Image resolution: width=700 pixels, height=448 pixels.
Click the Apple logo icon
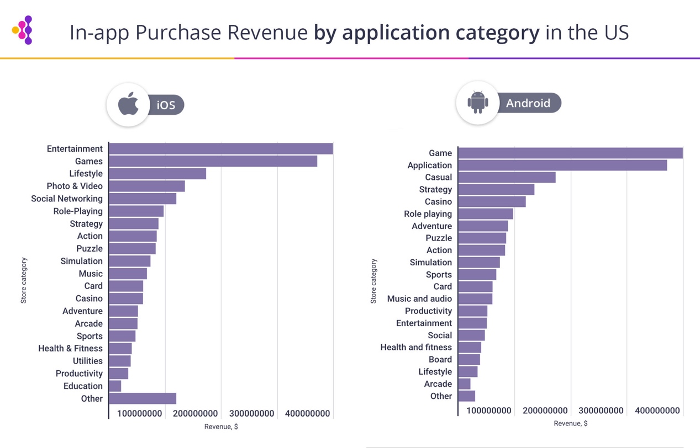(129, 104)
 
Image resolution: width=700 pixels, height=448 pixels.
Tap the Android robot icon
(477, 102)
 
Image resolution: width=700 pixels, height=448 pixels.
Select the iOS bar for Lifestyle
(157, 174)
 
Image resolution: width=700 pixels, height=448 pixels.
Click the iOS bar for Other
(143, 398)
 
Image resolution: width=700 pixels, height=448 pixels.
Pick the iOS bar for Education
(115, 386)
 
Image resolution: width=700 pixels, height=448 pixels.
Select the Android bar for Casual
(507, 177)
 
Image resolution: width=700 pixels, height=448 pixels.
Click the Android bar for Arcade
(465, 384)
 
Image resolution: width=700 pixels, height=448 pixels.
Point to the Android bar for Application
(562, 165)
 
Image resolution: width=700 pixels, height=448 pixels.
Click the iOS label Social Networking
(67, 199)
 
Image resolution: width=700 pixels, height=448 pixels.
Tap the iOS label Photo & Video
(75, 186)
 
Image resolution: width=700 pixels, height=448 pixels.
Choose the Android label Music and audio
(419, 298)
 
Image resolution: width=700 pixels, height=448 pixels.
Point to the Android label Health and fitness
(416, 347)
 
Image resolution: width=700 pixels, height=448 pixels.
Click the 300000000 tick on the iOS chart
(251, 413)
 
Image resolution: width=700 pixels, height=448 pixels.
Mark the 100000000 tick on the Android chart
(489, 410)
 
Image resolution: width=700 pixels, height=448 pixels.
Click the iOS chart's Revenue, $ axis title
(221, 426)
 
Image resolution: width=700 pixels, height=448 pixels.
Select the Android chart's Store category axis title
(373, 281)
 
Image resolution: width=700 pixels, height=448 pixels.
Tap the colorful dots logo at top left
(23, 30)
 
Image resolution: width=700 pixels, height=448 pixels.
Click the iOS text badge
(166, 105)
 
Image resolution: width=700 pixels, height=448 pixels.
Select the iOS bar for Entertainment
(221, 149)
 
